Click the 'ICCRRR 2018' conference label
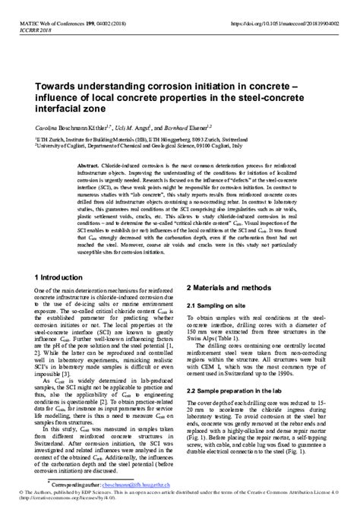point(22,12)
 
